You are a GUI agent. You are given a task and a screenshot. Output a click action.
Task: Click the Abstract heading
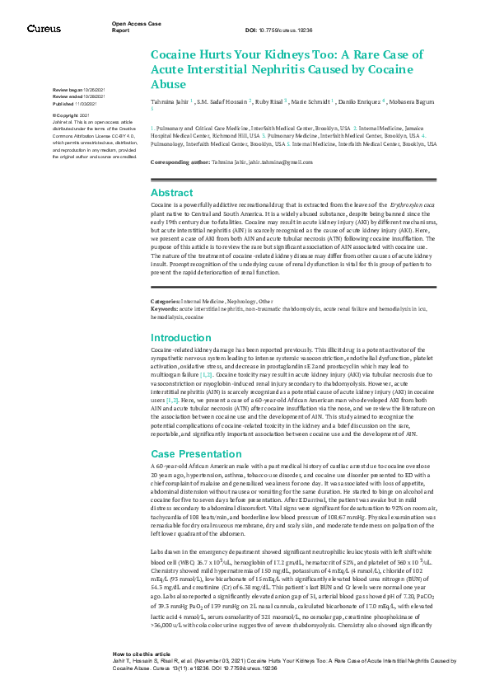click(x=172, y=192)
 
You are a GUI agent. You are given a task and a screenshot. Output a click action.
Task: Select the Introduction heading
click(x=181, y=337)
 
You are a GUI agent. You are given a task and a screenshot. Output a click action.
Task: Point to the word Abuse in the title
click(x=169, y=83)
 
